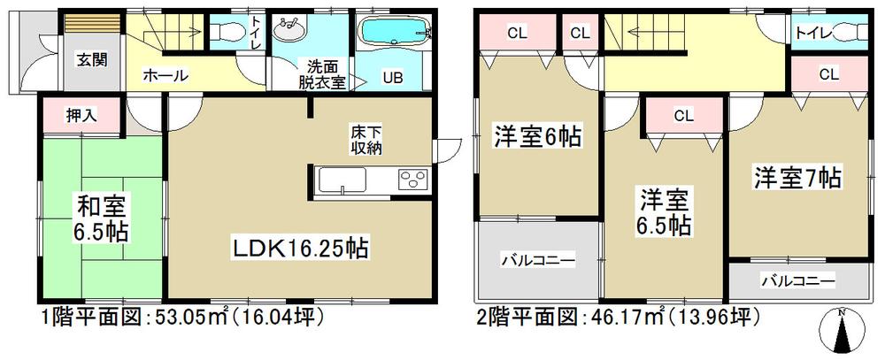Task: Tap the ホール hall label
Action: click(x=166, y=76)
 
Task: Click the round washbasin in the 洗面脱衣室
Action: click(x=289, y=32)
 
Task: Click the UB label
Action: click(x=392, y=77)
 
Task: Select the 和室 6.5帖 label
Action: click(x=100, y=221)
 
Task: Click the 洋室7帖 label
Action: click(x=797, y=177)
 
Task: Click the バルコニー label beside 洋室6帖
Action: click(x=539, y=261)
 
